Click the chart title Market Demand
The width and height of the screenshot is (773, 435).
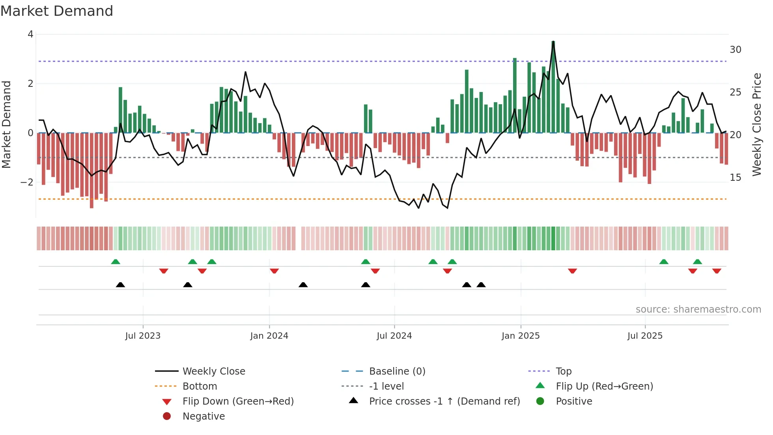click(x=57, y=11)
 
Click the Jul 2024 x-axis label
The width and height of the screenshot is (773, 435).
click(x=394, y=336)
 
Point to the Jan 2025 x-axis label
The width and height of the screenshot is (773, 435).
click(x=520, y=336)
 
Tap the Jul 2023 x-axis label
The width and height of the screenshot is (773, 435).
click(x=143, y=336)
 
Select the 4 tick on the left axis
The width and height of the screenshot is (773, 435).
click(x=30, y=34)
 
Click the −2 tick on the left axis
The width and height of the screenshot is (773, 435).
click(x=27, y=182)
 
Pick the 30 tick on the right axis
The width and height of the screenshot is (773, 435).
click(x=735, y=50)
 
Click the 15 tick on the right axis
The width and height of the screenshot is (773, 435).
click(x=735, y=178)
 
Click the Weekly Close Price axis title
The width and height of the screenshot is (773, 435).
click(x=756, y=124)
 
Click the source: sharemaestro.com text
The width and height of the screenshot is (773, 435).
click(x=698, y=309)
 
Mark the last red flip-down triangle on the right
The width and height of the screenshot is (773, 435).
click(x=717, y=271)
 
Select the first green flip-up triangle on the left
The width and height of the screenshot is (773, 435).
click(x=116, y=262)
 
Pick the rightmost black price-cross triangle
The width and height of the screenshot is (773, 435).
click(x=481, y=285)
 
